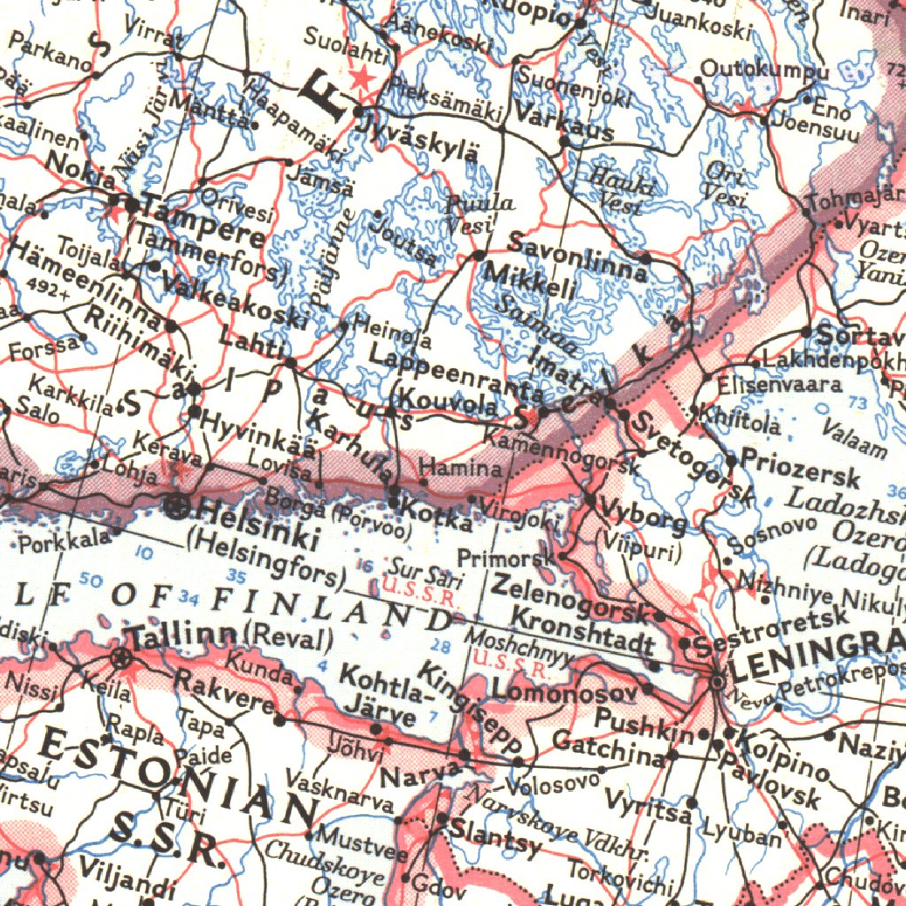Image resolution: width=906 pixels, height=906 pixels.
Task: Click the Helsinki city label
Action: pyautogui.click(x=257, y=521)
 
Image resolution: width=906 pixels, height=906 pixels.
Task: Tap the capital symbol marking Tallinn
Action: pyautogui.click(x=121, y=657)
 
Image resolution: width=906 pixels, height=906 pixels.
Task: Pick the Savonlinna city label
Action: pyautogui.click(x=578, y=257)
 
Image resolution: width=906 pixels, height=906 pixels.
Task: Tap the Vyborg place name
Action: pyautogui.click(x=643, y=515)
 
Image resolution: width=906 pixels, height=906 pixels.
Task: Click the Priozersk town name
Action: pyautogui.click(x=800, y=468)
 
